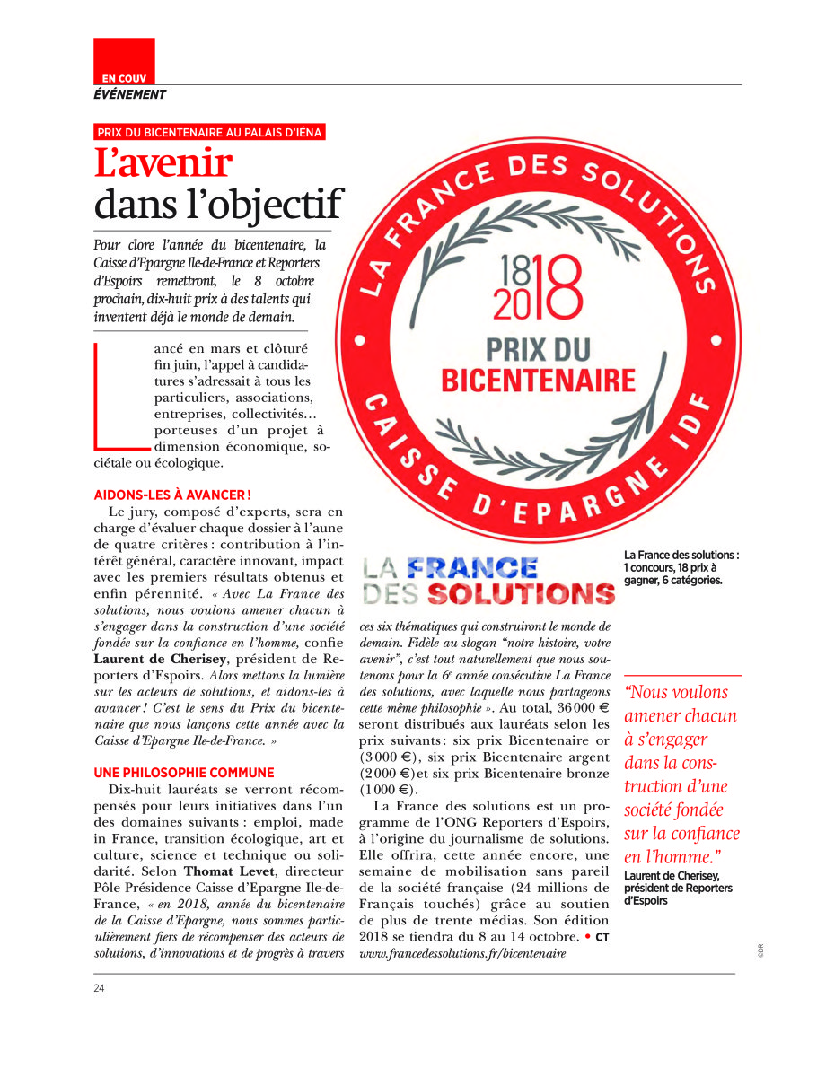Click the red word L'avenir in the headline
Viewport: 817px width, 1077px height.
(x=163, y=163)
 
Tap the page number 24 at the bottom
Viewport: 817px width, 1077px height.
(x=99, y=988)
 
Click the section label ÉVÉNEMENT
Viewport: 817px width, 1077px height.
(x=130, y=94)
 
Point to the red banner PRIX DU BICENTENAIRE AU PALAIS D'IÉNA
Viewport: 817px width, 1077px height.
(x=209, y=132)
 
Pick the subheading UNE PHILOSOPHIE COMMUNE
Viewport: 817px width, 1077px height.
(x=184, y=773)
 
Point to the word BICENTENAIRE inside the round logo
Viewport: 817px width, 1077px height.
(x=538, y=380)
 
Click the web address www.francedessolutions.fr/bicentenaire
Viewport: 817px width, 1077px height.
(x=462, y=953)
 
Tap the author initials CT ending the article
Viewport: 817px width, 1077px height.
(x=602, y=937)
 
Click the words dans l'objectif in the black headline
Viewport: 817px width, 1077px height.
(x=219, y=205)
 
